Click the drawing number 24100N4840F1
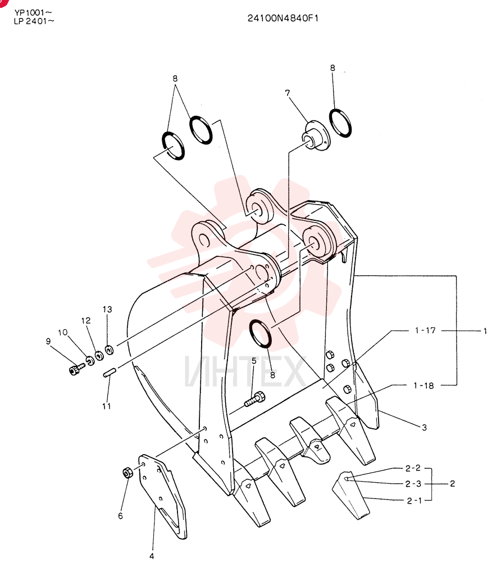pos(283,19)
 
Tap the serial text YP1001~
pos(33,13)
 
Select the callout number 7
pos(287,93)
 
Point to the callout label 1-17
pos(425,330)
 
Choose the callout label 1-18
pos(423,386)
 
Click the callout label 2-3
pos(413,484)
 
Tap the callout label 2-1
pos(414,501)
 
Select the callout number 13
pos(107,309)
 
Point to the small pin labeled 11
pos(108,372)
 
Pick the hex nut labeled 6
pos(127,473)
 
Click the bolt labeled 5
pos(254,399)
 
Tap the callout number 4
pos(152,556)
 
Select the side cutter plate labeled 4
pos(162,495)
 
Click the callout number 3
pos(425,427)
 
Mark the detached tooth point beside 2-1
pos(350,495)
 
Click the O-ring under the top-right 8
pos(340,123)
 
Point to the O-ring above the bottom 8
pos(261,333)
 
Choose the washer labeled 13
pos(109,350)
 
